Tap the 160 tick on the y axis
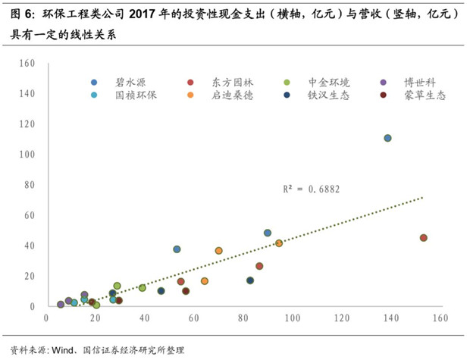click(x=27, y=64)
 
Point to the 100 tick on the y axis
click(x=27, y=155)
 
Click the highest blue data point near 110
click(x=387, y=138)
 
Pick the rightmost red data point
click(x=423, y=238)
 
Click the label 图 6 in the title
click(x=16, y=13)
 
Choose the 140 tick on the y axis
click(x=27, y=94)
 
